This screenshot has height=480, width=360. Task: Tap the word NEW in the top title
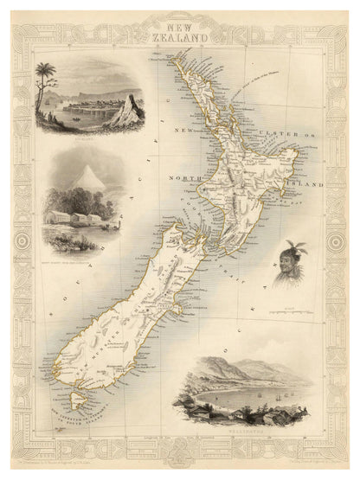(180, 28)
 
